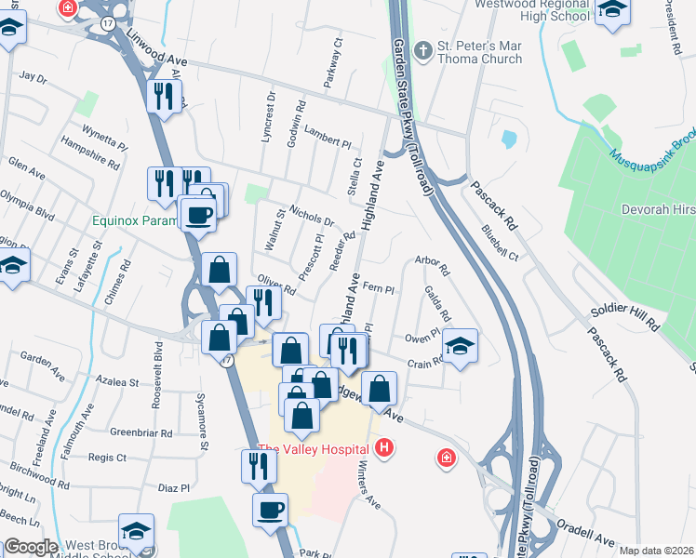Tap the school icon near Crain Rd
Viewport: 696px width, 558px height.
pyautogui.click(x=460, y=346)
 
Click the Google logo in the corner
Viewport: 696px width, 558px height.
pyautogui.click(x=30, y=548)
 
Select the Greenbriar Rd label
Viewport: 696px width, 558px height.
pyautogui.click(x=141, y=433)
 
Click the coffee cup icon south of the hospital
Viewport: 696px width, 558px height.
pyautogui.click(x=270, y=511)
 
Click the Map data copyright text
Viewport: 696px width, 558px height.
pyautogui.click(x=656, y=551)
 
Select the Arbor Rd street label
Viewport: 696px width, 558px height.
pyautogui.click(x=433, y=267)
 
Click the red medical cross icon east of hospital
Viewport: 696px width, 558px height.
pyautogui.click(x=448, y=458)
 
